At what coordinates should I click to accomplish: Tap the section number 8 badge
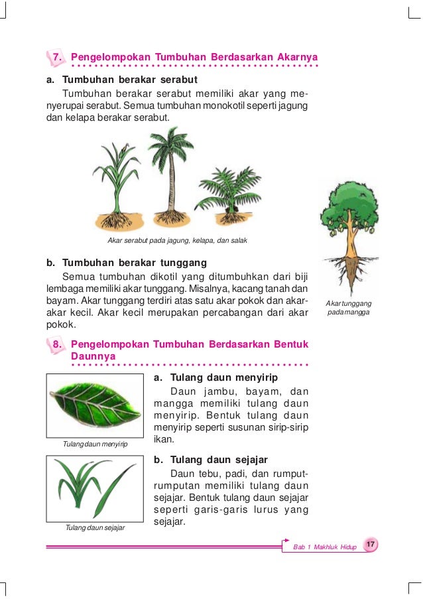(57, 344)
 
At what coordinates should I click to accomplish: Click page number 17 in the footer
(371, 545)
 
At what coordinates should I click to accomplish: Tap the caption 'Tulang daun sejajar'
(95, 528)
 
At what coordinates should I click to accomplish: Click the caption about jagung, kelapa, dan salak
(177, 239)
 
